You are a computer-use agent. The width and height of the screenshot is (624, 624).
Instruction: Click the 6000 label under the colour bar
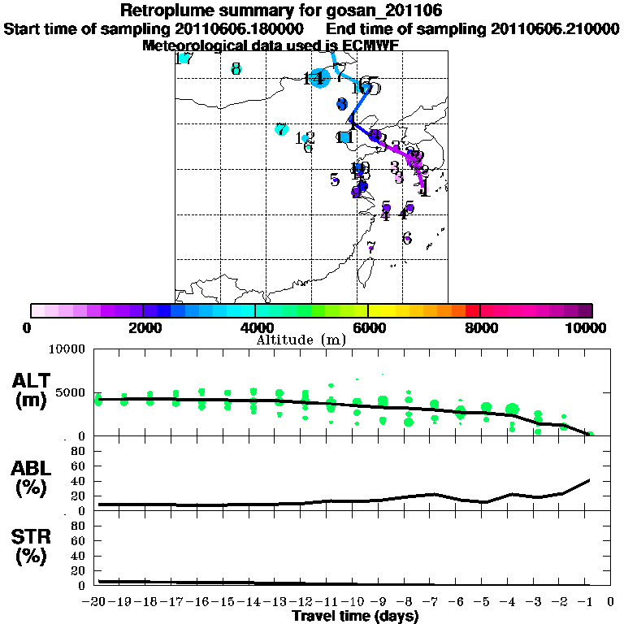pyautogui.click(x=367, y=327)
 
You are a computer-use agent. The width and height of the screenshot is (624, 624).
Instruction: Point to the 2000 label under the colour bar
pyautogui.click(x=143, y=327)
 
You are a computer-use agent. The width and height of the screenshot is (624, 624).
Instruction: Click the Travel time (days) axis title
pyautogui.click(x=355, y=617)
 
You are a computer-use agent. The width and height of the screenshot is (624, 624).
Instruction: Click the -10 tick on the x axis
pyautogui.click(x=356, y=602)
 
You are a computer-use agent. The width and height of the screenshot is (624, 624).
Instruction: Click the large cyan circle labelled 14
pyautogui.click(x=319, y=79)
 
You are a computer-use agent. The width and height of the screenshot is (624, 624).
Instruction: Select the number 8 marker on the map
pyautogui.click(x=236, y=69)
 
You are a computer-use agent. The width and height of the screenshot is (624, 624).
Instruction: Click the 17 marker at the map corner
pyautogui.click(x=184, y=58)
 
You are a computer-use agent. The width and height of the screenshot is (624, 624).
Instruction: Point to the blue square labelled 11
pyautogui.click(x=345, y=136)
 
